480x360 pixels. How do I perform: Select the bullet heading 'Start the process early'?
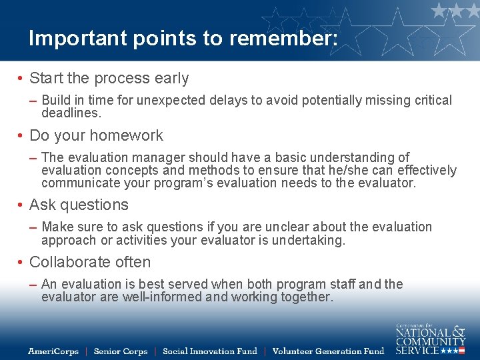tap(109, 79)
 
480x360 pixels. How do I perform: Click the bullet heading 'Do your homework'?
tap(96, 135)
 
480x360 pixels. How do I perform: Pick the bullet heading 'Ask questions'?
tap(79, 205)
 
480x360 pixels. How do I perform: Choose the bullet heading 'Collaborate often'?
tap(90, 262)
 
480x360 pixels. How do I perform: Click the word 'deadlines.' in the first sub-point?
tap(71, 113)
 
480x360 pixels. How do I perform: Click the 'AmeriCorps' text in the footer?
tap(53, 351)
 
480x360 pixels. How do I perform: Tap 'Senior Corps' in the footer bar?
tap(120, 351)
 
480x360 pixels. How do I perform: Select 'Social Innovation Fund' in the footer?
tap(209, 351)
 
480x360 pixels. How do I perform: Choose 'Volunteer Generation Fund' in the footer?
tap(328, 351)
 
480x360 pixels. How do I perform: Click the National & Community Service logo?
tap(430, 339)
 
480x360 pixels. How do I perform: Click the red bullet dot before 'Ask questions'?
tap(21, 205)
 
